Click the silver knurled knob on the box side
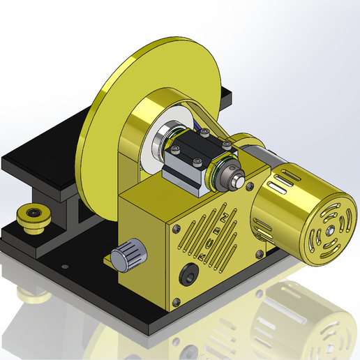(x=128, y=255)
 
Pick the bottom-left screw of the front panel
(x=177, y=301)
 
